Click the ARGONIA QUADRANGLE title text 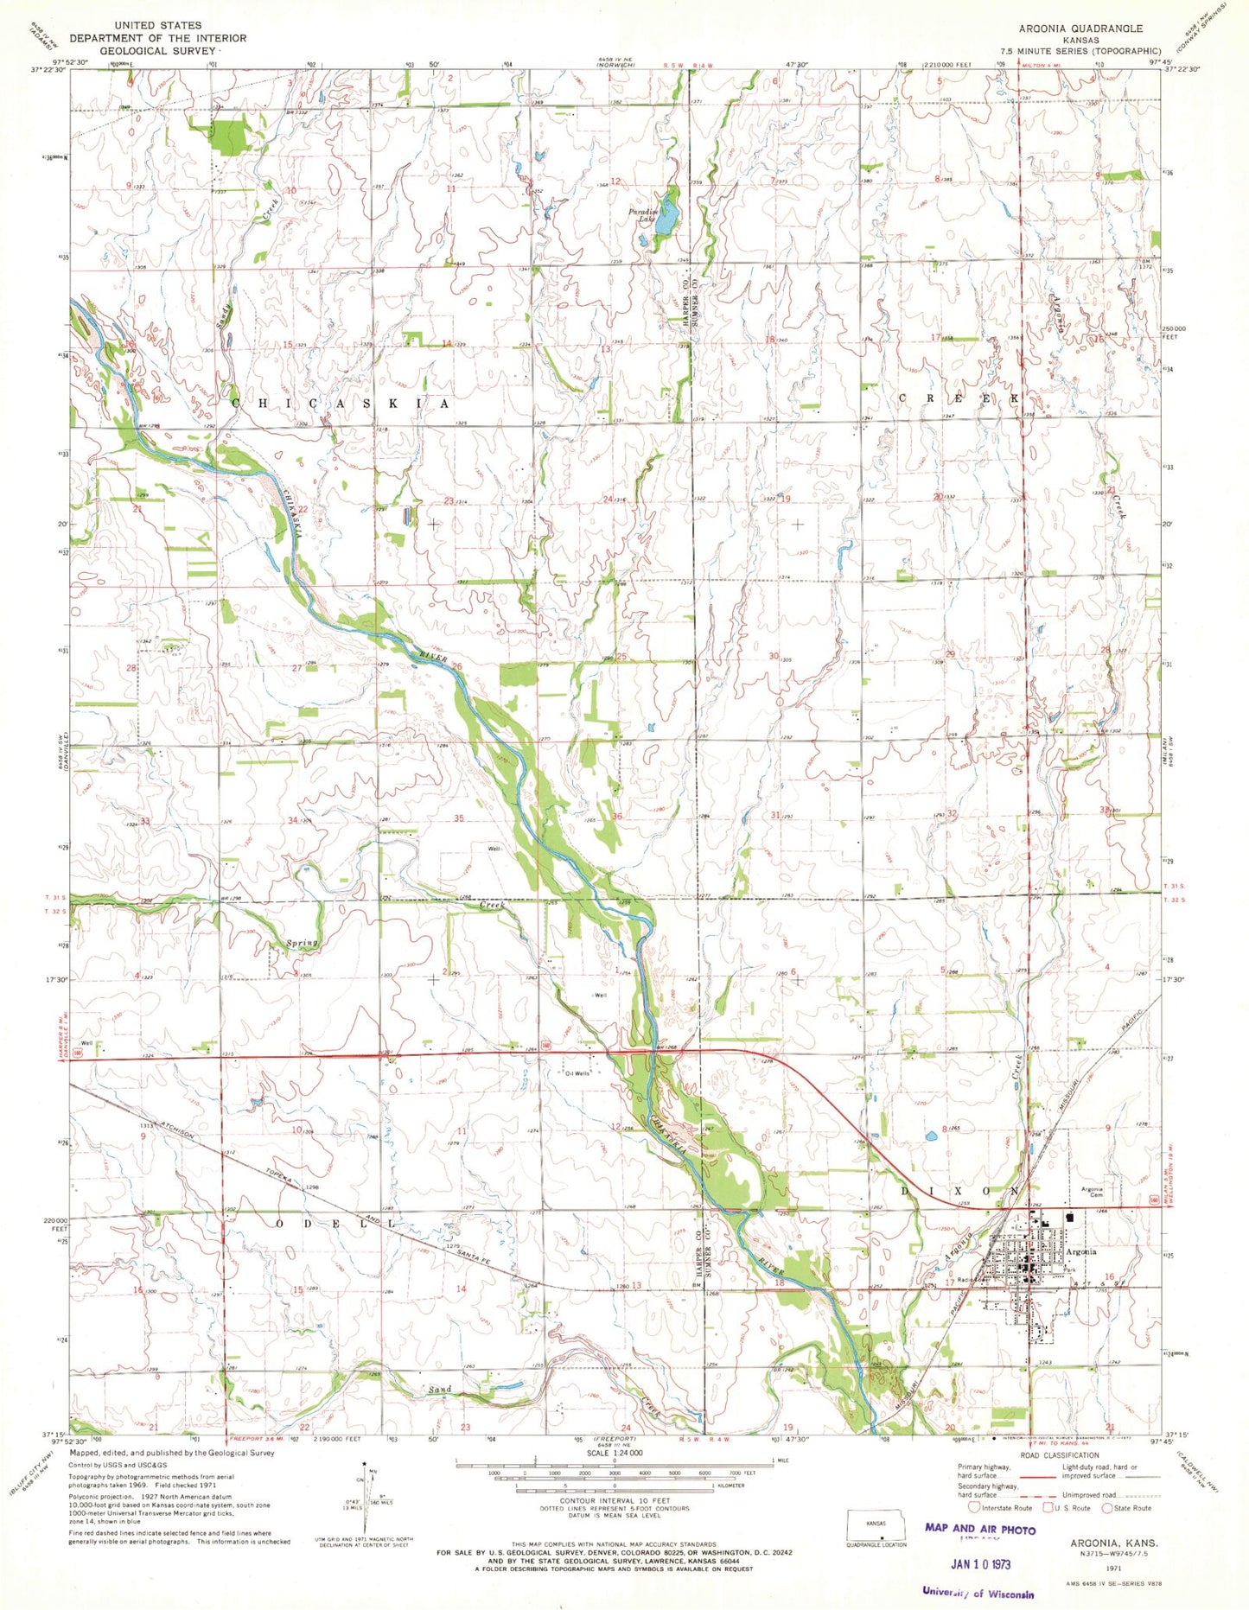point(1080,29)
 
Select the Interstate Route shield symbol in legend point(974,1508)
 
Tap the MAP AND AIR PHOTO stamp point(979,1529)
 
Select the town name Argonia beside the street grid point(1080,1252)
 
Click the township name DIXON point(959,1191)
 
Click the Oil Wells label point(577,1073)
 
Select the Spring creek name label point(303,943)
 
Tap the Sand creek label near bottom point(440,1390)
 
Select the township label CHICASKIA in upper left point(341,404)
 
